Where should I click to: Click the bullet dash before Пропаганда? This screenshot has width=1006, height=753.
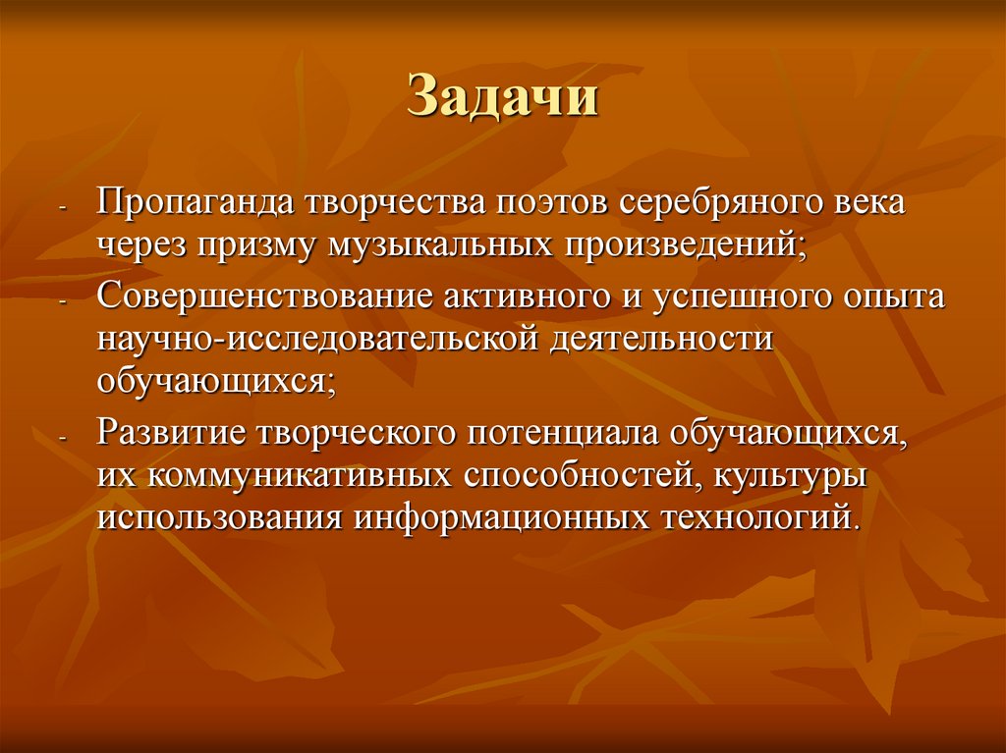63,211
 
